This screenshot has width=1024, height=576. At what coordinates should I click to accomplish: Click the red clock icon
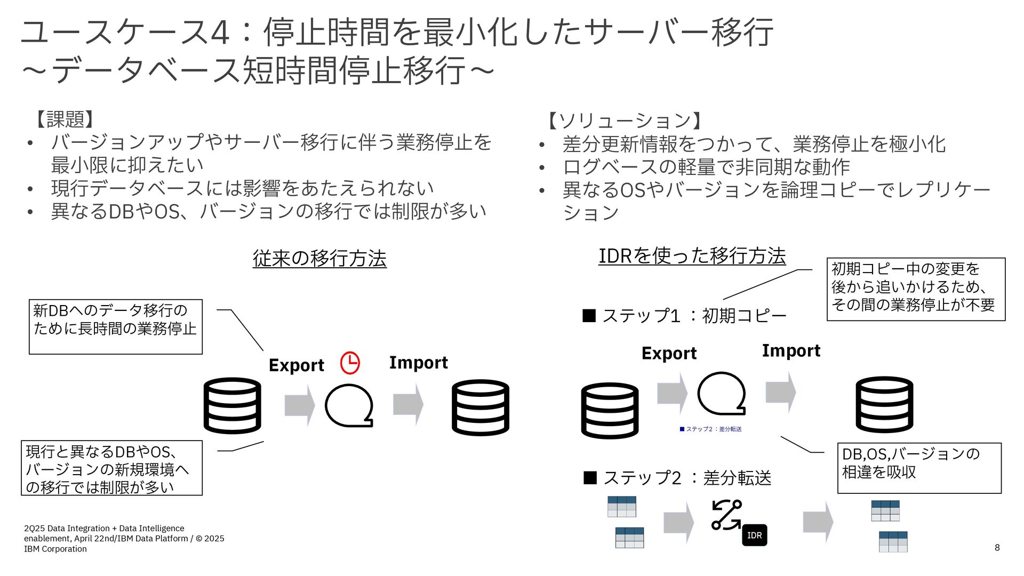(350, 363)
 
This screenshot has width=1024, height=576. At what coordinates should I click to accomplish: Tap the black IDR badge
(754, 535)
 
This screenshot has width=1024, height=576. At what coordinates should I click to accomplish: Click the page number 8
(997, 548)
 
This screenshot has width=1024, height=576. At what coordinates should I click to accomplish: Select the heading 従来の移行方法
(319, 258)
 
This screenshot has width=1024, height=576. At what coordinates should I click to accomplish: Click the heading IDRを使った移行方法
(692, 256)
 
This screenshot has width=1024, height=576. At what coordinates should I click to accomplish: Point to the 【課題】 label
(65, 119)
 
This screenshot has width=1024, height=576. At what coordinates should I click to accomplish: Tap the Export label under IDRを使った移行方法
(669, 353)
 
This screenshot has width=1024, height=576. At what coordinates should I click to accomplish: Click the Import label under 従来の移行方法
(418, 363)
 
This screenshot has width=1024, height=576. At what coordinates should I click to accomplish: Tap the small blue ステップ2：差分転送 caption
(711, 429)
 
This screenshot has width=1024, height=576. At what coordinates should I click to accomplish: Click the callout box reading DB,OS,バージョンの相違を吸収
(919, 468)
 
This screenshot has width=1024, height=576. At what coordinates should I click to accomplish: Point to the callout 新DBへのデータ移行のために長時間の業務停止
(116, 326)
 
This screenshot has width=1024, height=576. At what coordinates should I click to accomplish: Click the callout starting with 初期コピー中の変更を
(916, 289)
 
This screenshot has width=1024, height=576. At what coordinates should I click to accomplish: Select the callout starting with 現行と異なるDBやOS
(111, 468)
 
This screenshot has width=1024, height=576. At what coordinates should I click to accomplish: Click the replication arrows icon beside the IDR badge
(726, 515)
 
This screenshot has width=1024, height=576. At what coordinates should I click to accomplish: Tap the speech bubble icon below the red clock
(349, 406)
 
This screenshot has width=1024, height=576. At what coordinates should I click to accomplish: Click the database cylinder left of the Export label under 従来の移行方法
(233, 405)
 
